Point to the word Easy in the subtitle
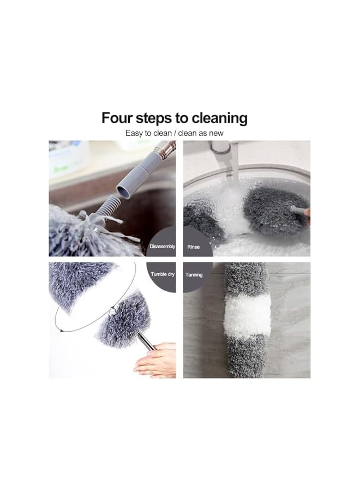[x=134, y=133]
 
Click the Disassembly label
[x=162, y=247]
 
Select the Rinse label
[x=194, y=247]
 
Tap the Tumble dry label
[x=163, y=274]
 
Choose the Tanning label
[x=194, y=274]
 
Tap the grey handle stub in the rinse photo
[x=298, y=209]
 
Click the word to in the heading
[x=184, y=118]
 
